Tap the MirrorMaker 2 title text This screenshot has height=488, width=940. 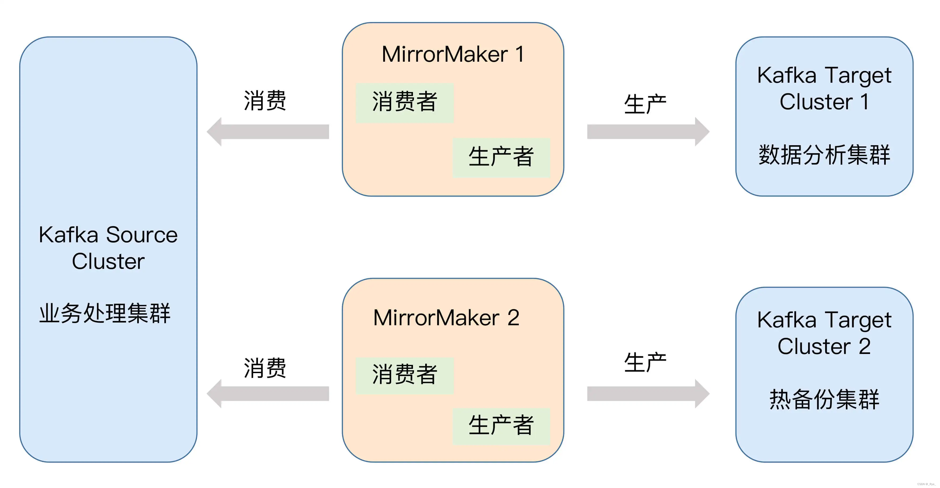pyautogui.click(x=446, y=318)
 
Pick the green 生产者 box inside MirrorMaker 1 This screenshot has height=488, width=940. pyautogui.click(x=501, y=158)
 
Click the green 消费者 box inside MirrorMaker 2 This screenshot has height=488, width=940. pyautogui.click(x=405, y=375)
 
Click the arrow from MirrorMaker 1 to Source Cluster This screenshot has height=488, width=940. pyautogui.click(x=268, y=132)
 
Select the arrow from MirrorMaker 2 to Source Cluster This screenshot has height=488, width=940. pyautogui.click(x=268, y=394)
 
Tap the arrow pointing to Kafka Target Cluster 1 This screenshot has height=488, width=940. pyautogui.click(x=648, y=132)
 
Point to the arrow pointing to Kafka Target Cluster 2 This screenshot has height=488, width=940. pyautogui.click(x=648, y=394)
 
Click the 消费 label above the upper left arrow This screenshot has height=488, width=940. pyautogui.click(x=265, y=101)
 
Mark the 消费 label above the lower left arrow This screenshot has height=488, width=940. pyautogui.click(x=265, y=368)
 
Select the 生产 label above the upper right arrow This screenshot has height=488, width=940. pyautogui.click(x=645, y=105)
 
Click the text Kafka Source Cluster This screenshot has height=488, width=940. pyautogui.click(x=108, y=248)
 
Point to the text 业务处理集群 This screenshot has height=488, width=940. pyautogui.click(x=105, y=313)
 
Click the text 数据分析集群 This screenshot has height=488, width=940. pyautogui.click(x=824, y=155)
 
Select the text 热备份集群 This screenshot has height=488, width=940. pyautogui.click(x=824, y=399)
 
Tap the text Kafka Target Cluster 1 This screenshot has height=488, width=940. pyautogui.click(x=824, y=88)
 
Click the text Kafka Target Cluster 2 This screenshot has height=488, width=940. pyautogui.click(x=824, y=333)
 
